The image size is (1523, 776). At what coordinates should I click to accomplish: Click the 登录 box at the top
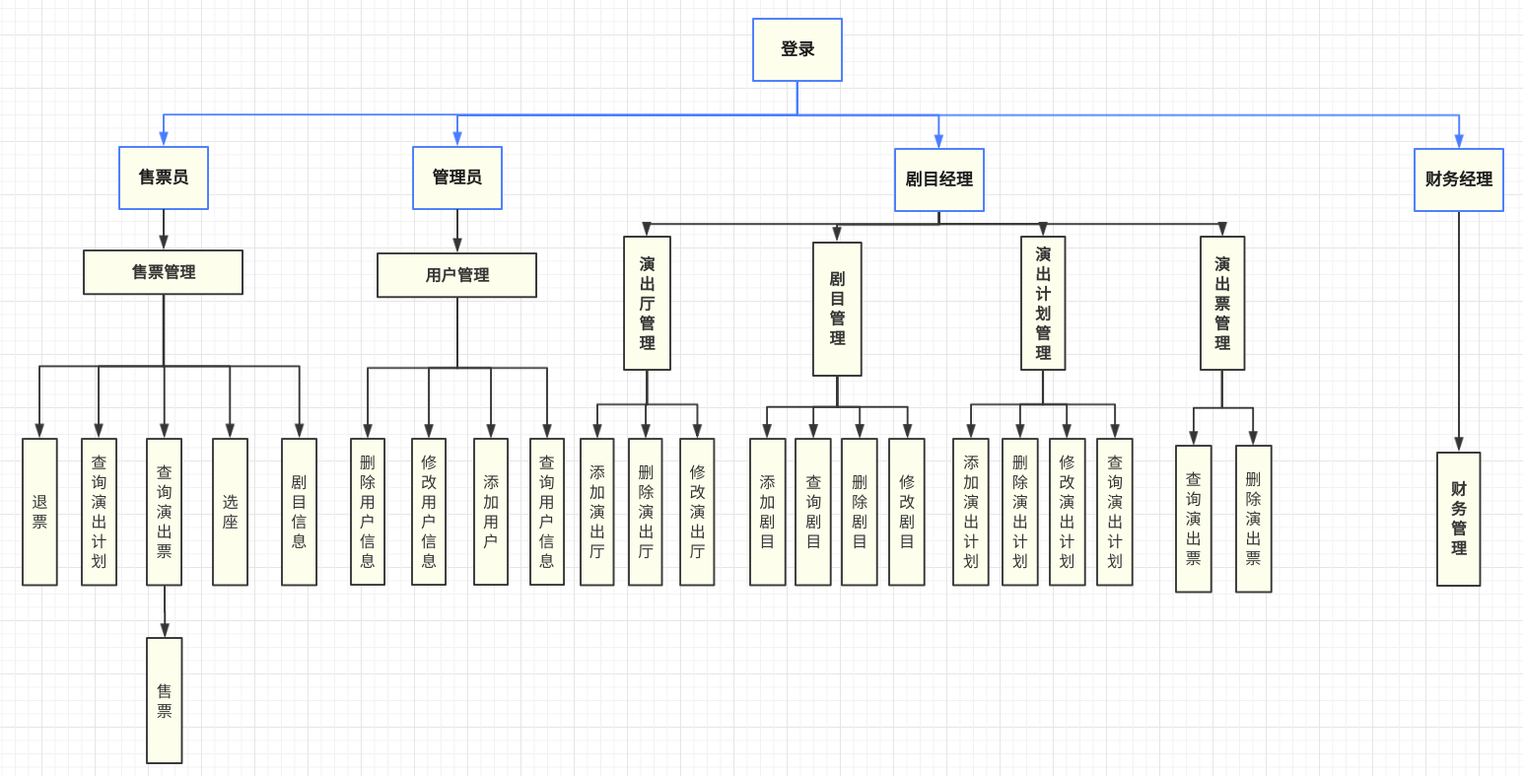[x=796, y=49]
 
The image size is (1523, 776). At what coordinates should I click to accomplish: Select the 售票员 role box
[x=164, y=177]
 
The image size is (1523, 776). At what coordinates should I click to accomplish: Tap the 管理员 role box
[x=456, y=177]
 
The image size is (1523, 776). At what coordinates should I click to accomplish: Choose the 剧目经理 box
[x=938, y=179]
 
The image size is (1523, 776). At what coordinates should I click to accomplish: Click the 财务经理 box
[x=1458, y=179]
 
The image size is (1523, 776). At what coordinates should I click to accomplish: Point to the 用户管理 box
[x=456, y=275]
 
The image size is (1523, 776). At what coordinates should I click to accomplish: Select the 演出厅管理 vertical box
[x=647, y=303]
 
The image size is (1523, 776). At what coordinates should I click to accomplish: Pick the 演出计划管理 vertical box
[x=1043, y=303]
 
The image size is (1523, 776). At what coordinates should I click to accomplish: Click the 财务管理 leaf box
[x=1458, y=519]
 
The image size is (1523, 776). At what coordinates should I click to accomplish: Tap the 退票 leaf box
[x=39, y=512]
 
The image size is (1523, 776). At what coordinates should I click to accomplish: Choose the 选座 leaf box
[x=230, y=512]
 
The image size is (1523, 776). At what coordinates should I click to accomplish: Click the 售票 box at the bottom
[x=165, y=700]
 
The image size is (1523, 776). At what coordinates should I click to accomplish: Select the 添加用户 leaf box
[x=491, y=512]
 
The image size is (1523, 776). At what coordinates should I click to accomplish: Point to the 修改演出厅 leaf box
[x=697, y=512]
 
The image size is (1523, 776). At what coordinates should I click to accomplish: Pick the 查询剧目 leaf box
[x=813, y=512]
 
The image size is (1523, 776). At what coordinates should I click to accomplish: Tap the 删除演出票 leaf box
[x=1253, y=519]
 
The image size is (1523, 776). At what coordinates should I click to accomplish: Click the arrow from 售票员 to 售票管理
[x=164, y=230]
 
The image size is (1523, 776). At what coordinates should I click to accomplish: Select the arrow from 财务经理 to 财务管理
[x=1459, y=331]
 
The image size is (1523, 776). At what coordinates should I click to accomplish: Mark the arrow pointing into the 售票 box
[x=165, y=611]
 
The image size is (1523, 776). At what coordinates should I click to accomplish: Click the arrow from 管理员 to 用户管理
[x=456, y=232]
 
